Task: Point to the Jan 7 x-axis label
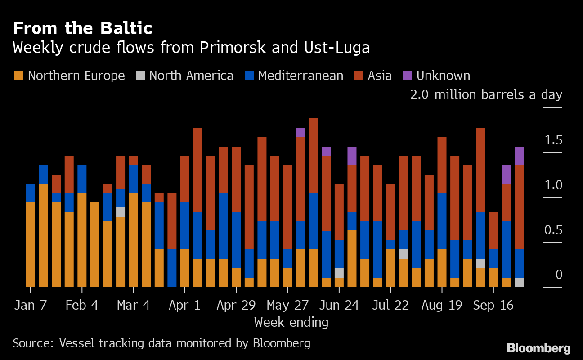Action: click(30, 305)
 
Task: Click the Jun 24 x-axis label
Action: click(339, 305)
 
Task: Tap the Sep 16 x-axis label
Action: click(493, 305)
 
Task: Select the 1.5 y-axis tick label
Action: click(553, 140)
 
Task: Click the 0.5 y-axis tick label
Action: click(553, 230)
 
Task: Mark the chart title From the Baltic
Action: click(82, 29)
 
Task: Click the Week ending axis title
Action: click(291, 322)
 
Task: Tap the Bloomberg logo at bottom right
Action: click(538, 348)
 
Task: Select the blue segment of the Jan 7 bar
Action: click(31, 193)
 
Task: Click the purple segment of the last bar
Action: click(519, 156)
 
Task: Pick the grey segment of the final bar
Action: click(519, 283)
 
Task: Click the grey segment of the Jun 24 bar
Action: click(339, 273)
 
